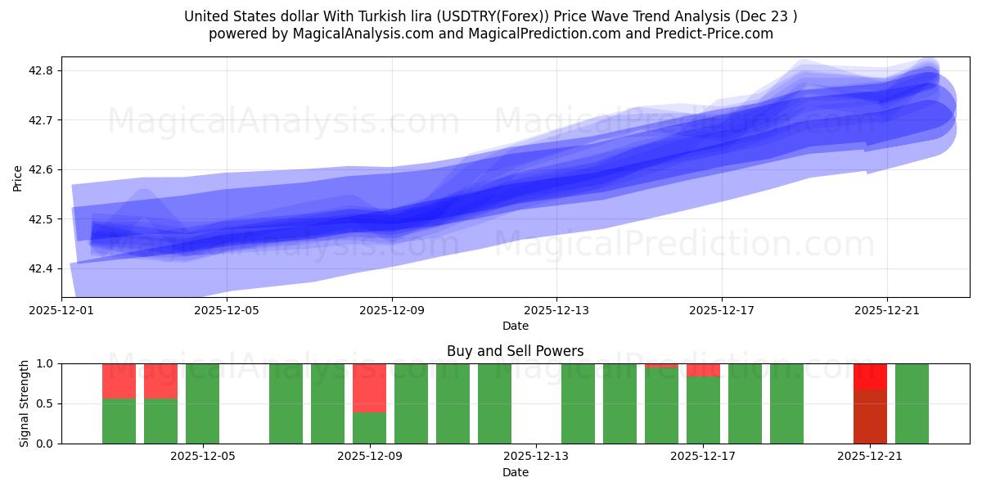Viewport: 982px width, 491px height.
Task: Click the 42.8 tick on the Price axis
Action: pos(42,70)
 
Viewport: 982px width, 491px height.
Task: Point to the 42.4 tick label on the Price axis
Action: pos(42,268)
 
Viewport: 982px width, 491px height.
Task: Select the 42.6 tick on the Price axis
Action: pos(42,169)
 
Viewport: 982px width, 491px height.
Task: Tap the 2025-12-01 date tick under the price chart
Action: pos(61,310)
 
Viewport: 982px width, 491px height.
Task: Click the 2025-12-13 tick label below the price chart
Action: pos(556,310)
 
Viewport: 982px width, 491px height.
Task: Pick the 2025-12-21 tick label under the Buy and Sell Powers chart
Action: pos(870,457)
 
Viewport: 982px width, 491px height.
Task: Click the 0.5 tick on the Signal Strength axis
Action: pos(45,403)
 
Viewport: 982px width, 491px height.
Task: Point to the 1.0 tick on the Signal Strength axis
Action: pos(45,363)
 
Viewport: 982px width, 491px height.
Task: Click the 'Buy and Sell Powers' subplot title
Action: pos(515,351)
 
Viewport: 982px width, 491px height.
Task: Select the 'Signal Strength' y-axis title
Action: pos(25,403)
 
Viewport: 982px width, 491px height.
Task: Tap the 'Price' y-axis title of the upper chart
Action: pos(18,177)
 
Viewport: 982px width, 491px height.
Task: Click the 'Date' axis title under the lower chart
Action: pos(515,472)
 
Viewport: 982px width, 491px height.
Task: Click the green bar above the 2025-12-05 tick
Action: pos(202,403)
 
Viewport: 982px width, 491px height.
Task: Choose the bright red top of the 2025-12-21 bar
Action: pos(870,376)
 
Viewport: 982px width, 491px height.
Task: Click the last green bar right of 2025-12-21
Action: pos(912,403)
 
